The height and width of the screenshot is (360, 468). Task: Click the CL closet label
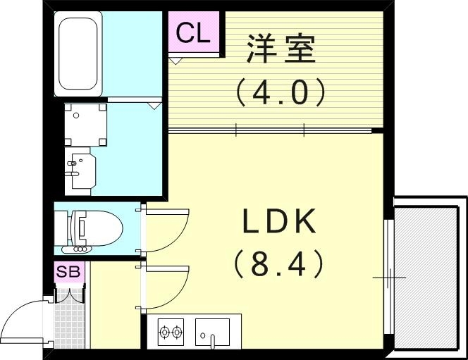click(x=193, y=33)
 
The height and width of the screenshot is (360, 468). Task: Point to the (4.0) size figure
click(x=281, y=92)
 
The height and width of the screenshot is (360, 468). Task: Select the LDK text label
click(x=279, y=223)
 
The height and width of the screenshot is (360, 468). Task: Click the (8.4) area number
click(x=279, y=264)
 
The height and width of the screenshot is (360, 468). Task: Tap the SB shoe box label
click(x=69, y=271)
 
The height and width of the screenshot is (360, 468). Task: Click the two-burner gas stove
click(x=171, y=330)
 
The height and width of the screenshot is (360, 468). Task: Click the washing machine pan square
click(x=85, y=124)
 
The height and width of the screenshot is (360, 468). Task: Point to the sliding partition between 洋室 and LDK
click(x=271, y=130)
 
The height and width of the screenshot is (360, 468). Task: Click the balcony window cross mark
click(x=389, y=278)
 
